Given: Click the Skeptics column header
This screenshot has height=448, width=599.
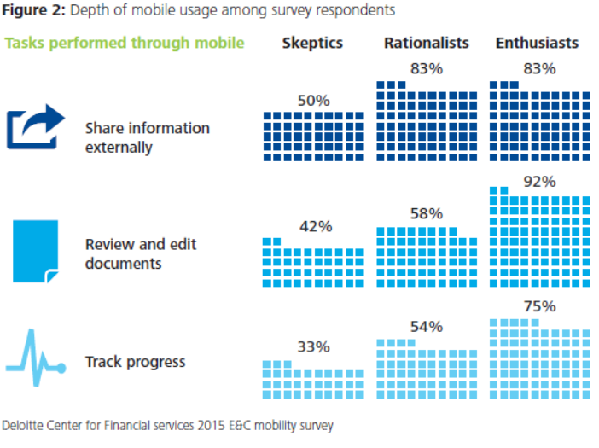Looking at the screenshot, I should [x=312, y=43].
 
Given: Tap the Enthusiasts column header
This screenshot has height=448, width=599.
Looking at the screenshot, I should [x=537, y=43].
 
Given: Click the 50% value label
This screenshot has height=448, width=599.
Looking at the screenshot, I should [x=313, y=101].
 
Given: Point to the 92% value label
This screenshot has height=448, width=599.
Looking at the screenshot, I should [x=539, y=182].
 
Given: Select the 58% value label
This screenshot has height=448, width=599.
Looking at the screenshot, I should [x=427, y=213].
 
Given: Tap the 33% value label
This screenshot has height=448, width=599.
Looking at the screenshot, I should [x=313, y=346].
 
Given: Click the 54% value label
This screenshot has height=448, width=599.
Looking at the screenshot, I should [x=427, y=327].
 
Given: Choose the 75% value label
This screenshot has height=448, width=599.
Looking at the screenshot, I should [x=539, y=306].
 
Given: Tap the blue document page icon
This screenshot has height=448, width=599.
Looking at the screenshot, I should [x=36, y=251].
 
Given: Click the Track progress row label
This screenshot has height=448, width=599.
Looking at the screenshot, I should [x=135, y=362].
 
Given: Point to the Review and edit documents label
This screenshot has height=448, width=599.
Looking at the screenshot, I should [x=141, y=254].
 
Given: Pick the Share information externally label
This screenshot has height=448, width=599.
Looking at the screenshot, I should [x=147, y=137].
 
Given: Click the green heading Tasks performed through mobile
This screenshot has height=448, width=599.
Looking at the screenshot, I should [x=125, y=43].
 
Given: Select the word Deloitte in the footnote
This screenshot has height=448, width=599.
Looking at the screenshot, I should [x=26, y=424].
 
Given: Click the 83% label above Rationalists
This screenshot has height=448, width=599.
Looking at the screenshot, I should [x=427, y=69].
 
